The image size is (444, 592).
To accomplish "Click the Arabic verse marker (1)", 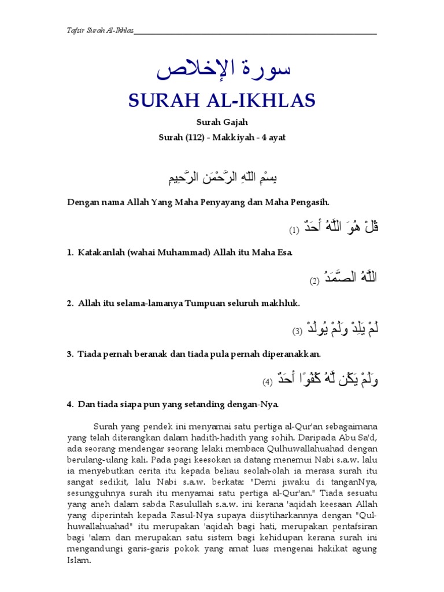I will pos(294,230).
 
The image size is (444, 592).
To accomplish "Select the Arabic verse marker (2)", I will pos(314,281).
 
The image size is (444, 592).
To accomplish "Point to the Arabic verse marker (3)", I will pos(297,331).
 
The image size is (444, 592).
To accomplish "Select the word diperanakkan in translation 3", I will pos(292,353).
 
